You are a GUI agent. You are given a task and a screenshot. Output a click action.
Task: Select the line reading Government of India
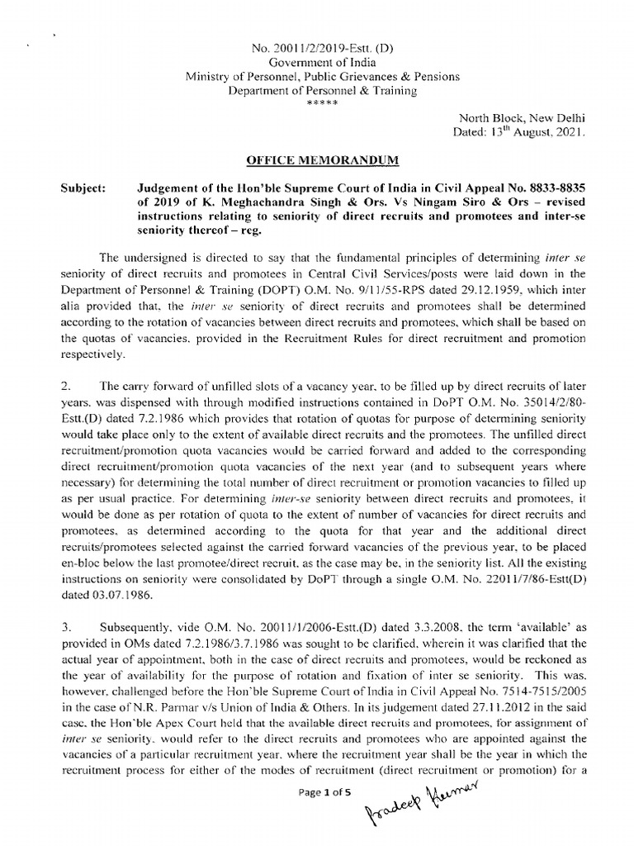click(316, 62)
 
